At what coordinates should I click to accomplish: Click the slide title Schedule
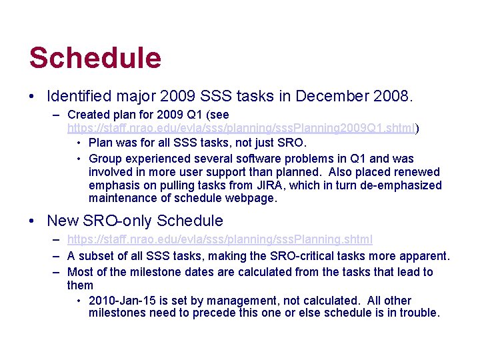pyautogui.click(x=95, y=58)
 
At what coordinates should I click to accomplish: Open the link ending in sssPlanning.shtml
pyautogui.click(x=220, y=239)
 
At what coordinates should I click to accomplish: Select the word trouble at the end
pyautogui.click(x=419, y=313)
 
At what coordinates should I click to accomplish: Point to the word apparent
pyautogui.click(x=425, y=256)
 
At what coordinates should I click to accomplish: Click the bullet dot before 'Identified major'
pyautogui.click(x=33, y=97)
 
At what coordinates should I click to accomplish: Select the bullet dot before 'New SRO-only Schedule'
pyautogui.click(x=33, y=221)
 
